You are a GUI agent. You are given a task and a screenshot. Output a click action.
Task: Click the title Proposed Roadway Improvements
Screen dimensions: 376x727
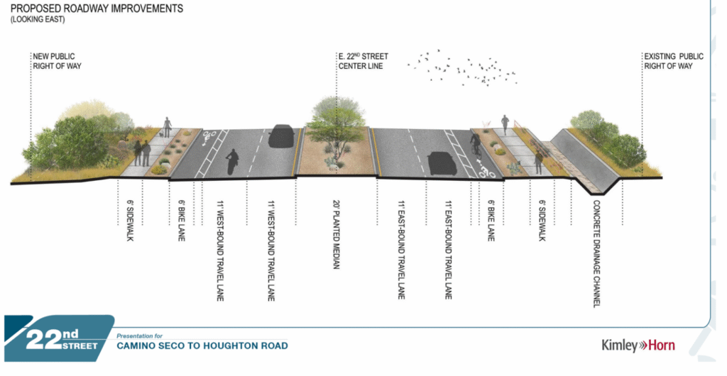[96, 9]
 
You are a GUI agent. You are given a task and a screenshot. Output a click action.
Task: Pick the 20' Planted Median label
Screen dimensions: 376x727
[337, 235]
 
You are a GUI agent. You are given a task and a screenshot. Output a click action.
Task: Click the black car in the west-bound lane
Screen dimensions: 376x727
[282, 136]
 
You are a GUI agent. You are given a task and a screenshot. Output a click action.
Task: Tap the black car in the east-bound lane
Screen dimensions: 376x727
[442, 162]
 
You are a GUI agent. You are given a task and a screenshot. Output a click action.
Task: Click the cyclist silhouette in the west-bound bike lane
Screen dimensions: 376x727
[231, 162]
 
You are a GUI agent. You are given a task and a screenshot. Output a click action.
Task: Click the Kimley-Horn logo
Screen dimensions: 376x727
[638, 345]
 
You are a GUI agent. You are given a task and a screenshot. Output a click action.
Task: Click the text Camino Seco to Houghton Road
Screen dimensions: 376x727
[202, 346]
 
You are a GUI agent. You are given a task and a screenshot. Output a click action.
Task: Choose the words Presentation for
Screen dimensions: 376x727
[140, 334]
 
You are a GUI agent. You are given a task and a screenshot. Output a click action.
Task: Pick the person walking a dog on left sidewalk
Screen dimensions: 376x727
[167, 128]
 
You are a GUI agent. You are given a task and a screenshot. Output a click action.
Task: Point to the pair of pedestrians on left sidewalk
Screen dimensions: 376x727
[142, 153]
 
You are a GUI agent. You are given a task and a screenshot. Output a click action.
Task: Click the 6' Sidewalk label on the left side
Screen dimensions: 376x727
[131, 221]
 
